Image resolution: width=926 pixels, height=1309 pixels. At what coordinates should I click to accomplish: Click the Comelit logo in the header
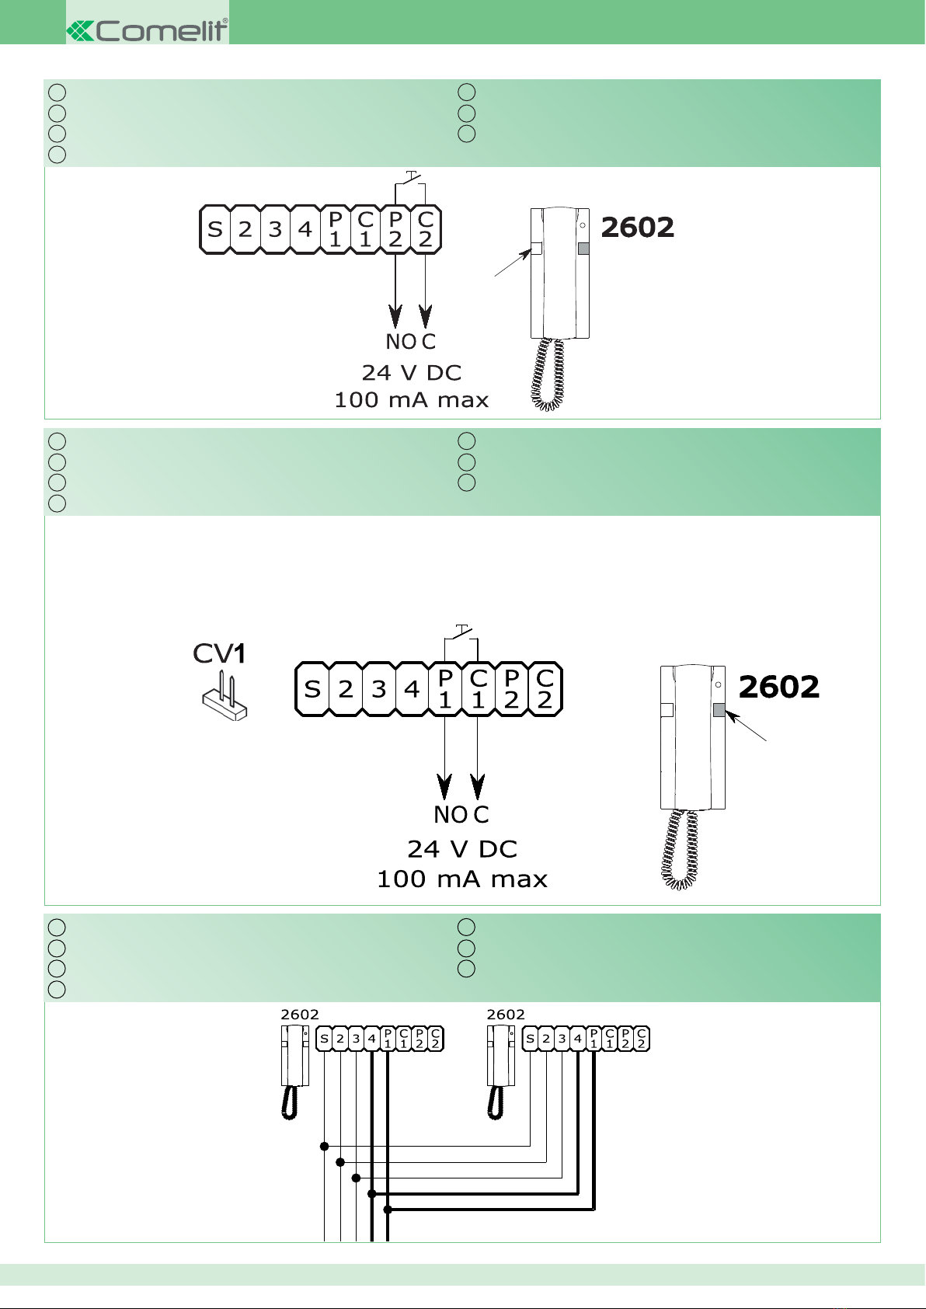(x=148, y=30)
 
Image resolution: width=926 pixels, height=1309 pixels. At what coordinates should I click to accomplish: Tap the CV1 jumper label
(x=219, y=653)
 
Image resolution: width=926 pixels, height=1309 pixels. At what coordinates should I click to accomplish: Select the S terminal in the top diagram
(x=214, y=229)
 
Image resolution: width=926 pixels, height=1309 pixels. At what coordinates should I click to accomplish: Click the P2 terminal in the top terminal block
(x=395, y=229)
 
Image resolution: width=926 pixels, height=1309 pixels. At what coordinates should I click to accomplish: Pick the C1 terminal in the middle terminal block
(x=478, y=689)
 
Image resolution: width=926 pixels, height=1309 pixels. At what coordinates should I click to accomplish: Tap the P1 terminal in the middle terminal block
(x=445, y=689)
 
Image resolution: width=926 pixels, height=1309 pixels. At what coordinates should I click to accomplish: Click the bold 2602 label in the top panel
(x=637, y=228)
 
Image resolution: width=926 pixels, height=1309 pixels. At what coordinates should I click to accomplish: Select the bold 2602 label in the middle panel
(x=778, y=687)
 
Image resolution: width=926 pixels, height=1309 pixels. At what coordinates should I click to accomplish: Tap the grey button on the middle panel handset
(x=719, y=710)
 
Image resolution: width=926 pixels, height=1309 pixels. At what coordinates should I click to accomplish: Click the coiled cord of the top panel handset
(x=548, y=374)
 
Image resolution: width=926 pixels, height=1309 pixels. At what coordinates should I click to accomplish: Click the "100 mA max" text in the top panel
(x=411, y=400)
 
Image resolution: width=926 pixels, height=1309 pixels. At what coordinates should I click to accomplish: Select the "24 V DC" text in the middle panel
(x=462, y=849)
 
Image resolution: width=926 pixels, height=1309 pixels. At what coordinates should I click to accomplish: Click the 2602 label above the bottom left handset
(x=300, y=1015)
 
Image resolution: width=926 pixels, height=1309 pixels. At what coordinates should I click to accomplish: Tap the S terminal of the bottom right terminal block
(x=530, y=1039)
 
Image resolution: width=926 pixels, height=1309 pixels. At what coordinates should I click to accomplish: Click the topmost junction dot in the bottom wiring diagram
(x=324, y=1147)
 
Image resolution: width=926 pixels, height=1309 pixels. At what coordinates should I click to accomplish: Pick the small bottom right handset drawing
(x=501, y=1072)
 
